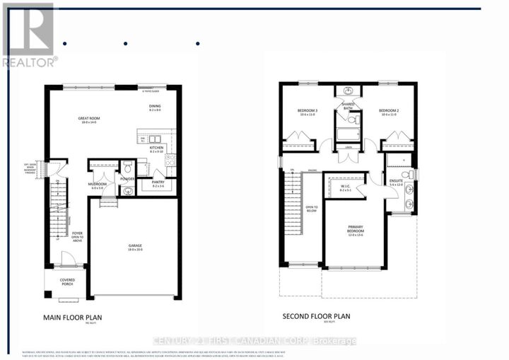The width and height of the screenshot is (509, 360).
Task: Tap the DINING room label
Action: (156, 107)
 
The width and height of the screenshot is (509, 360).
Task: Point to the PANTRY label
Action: (158, 182)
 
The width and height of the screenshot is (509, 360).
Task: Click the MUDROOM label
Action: (98, 185)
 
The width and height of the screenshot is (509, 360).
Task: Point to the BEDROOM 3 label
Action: (306, 112)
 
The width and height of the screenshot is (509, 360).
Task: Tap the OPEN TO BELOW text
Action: (312, 208)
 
